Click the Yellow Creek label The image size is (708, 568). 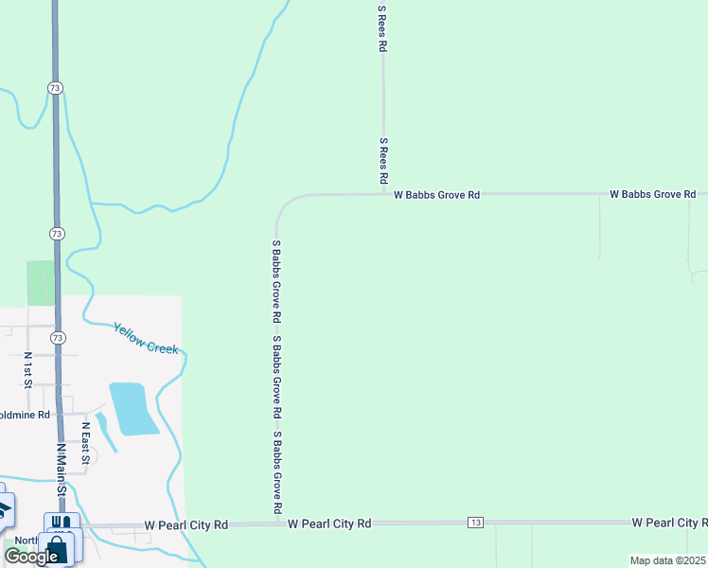pos(146,338)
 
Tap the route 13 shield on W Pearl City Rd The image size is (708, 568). pos(475,523)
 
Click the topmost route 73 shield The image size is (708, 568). pos(57,87)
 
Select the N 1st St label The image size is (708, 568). pos(27,370)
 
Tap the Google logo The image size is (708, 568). pos(32,556)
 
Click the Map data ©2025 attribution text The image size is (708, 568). pos(668,560)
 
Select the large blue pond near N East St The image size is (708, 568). pos(133,408)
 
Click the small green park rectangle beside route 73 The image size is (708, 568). pos(41,283)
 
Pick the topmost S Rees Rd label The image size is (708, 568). pos(382,28)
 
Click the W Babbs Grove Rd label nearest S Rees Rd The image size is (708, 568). pos(436,194)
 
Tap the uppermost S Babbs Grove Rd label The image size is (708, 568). pos(276,281)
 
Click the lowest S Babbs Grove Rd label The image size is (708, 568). pos(278,473)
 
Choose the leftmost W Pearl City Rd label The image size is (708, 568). pos(186,524)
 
